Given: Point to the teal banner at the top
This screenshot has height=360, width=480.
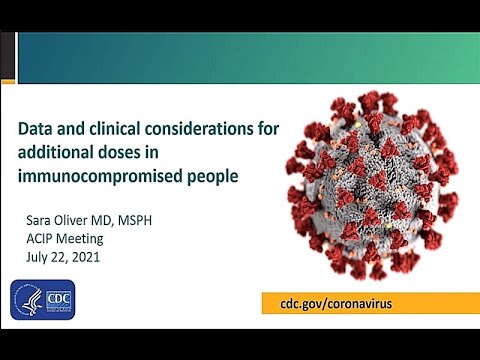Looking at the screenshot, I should click(240, 58).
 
